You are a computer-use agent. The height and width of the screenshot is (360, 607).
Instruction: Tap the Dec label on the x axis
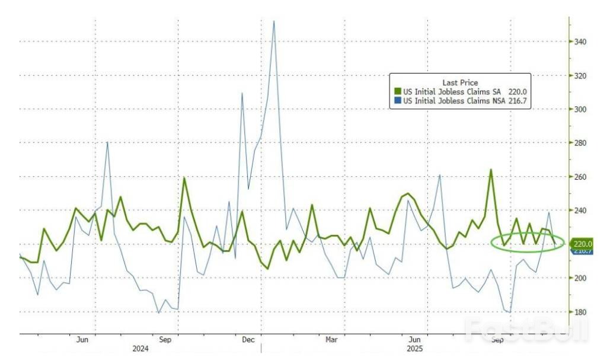248,340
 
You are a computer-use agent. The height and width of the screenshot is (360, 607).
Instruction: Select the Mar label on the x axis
331,340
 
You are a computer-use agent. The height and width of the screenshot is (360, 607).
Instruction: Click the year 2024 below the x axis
140,349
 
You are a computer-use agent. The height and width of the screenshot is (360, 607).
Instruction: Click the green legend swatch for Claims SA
398,92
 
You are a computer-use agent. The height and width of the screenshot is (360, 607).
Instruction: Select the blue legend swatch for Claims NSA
398,101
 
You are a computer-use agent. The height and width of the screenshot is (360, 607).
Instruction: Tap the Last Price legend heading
460,82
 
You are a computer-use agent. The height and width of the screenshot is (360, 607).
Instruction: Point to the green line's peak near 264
491,170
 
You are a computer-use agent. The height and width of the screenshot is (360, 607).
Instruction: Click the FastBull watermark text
526,330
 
